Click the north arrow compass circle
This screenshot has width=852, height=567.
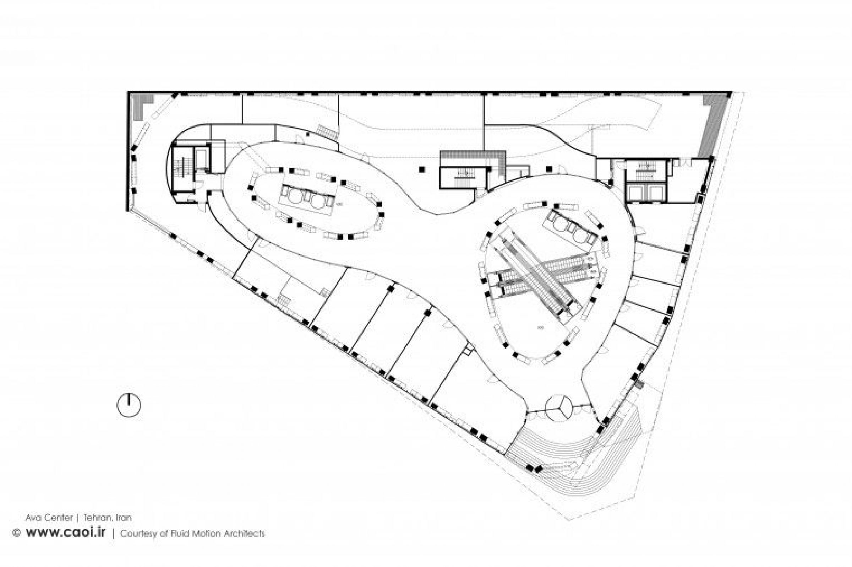[x=129, y=405]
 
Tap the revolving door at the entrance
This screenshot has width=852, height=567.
[x=559, y=408]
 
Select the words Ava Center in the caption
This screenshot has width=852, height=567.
[x=49, y=518]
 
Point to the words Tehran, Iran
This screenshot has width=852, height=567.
[x=108, y=518]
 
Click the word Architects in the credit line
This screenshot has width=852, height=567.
[x=244, y=533]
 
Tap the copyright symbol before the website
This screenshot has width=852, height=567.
[x=16, y=533]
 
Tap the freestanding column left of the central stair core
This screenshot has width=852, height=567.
[x=421, y=169]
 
